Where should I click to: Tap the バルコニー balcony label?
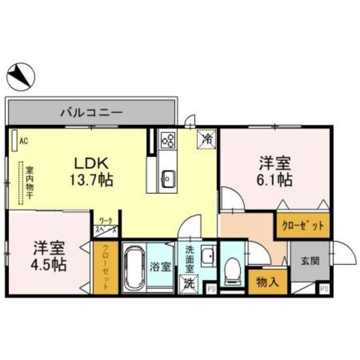click(91, 112)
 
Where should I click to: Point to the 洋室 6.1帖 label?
click(275, 171)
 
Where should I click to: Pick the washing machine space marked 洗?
click(190, 283)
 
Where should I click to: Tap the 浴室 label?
click(160, 266)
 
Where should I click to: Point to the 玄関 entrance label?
click(309, 261)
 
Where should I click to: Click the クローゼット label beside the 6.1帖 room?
click(302, 226)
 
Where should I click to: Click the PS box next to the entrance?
click(323, 289)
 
